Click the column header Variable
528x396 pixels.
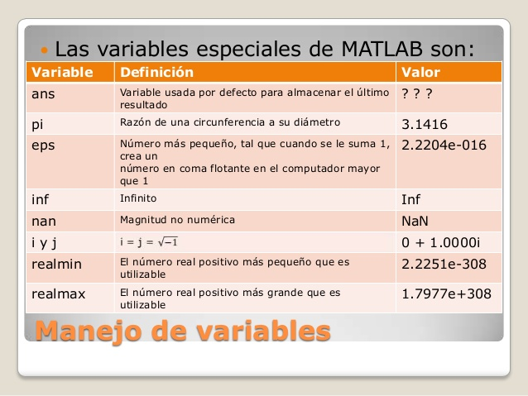pyautogui.click(x=62, y=73)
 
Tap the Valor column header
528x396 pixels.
pyautogui.click(x=420, y=73)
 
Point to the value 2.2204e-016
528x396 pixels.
pyautogui.click(x=444, y=146)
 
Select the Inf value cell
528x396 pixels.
pyautogui.click(x=411, y=199)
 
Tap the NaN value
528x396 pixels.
pyautogui.click(x=415, y=221)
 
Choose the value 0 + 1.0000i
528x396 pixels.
pyautogui.click(x=440, y=242)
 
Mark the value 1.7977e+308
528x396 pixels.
pyautogui.click(x=446, y=293)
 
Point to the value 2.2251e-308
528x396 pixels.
pyautogui.click(x=444, y=264)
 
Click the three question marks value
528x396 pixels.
pyautogui.click(x=418, y=93)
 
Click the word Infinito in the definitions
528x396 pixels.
pyautogui.click(x=138, y=198)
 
